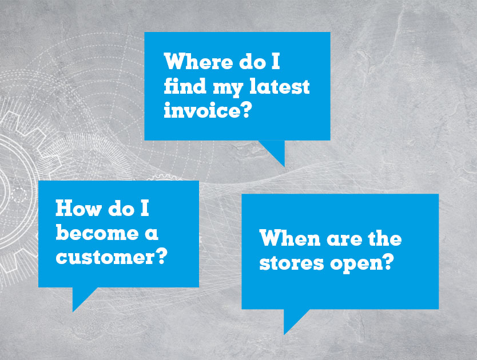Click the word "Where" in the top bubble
(198, 61)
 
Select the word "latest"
(279, 86)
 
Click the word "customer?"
(112, 257)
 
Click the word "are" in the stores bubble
(344, 240)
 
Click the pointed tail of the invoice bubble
(284, 166)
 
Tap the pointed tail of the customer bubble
(73, 311)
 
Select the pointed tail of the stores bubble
(284, 334)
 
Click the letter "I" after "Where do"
(275, 61)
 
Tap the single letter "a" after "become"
(152, 234)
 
